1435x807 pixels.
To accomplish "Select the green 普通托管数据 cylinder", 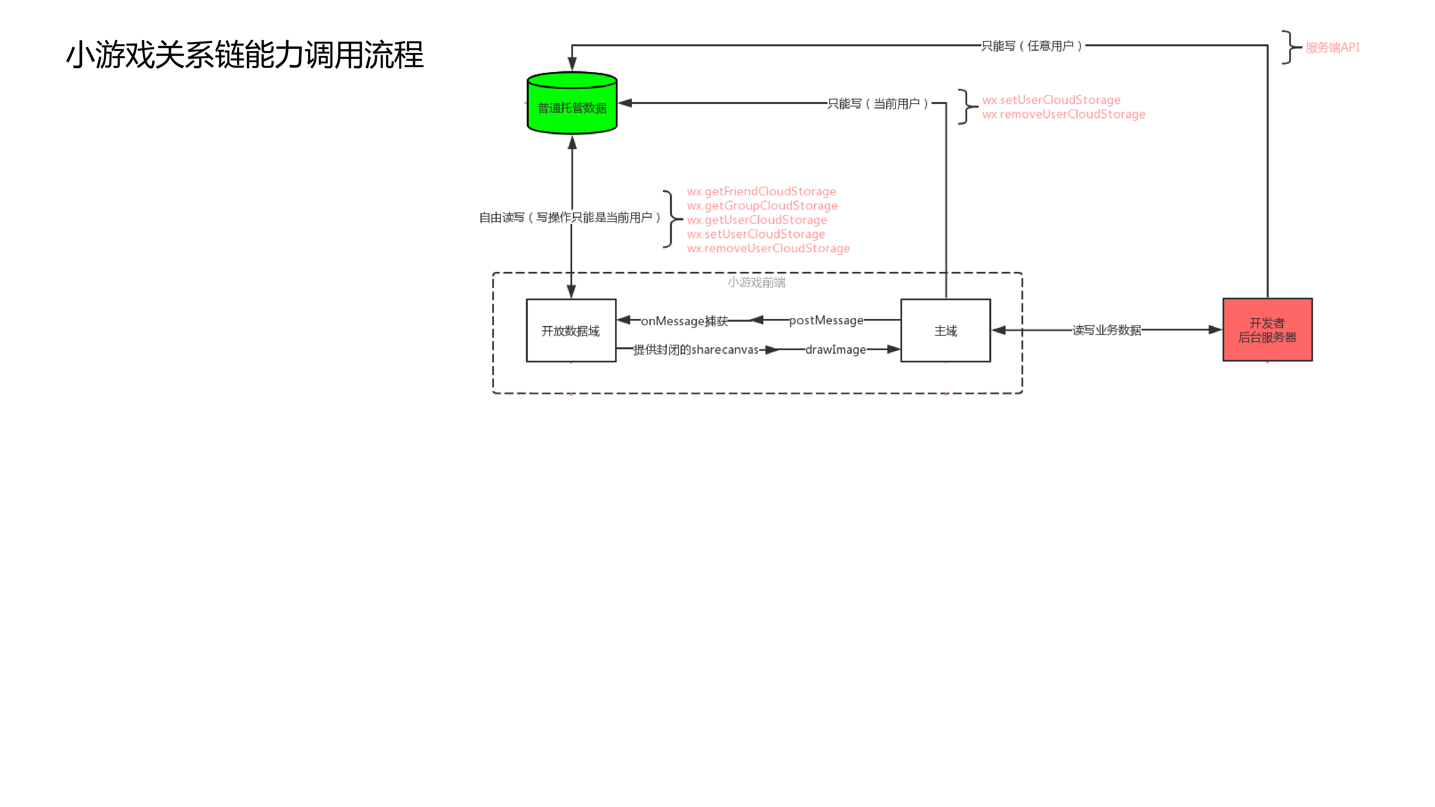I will (572, 106).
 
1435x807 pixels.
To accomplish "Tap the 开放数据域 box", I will (571, 331).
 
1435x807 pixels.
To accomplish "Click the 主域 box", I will (945, 331).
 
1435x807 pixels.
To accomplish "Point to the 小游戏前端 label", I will (757, 282).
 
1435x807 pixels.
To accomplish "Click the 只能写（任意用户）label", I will (1032, 46).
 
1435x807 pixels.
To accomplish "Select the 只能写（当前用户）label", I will (879, 104).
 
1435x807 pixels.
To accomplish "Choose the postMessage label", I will (826, 320).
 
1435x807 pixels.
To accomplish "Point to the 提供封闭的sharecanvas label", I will (696, 350).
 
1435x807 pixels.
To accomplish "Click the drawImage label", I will (836, 350).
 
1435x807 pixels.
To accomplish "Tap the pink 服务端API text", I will (1332, 47).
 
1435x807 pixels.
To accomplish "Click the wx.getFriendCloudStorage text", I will (761, 191).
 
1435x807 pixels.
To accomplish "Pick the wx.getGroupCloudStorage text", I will (762, 205).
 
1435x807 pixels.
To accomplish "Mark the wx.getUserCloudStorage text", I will (757, 220).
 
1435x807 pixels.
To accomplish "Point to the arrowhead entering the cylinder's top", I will (572, 64).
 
